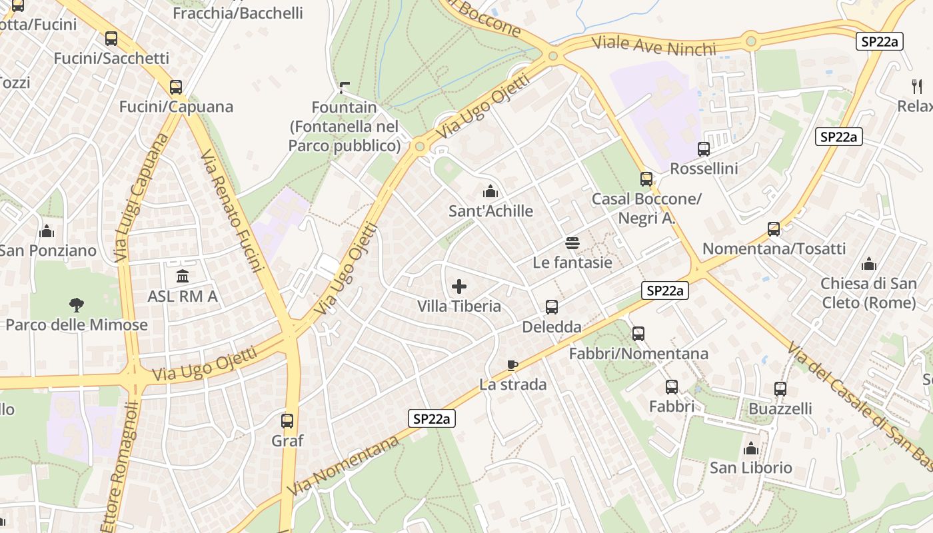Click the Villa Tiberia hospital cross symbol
pyautogui.click(x=459, y=287)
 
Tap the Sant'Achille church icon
pyautogui.click(x=490, y=192)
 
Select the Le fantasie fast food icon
pyautogui.click(x=572, y=243)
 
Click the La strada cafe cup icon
pyautogui.click(x=512, y=365)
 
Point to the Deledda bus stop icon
pyautogui.click(x=552, y=307)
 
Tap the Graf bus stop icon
pyautogui.click(x=287, y=421)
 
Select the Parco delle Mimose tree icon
pyautogui.click(x=77, y=305)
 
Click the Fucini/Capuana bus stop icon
pyautogui.click(x=176, y=87)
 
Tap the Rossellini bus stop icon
pyautogui.click(x=704, y=149)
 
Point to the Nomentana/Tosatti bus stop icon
pyautogui.click(x=774, y=230)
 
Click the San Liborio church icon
pyautogui.click(x=751, y=448)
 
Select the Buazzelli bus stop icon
pyautogui.click(x=780, y=389)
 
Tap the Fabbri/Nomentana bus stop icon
pyautogui.click(x=638, y=334)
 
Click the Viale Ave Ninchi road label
pyautogui.click(x=654, y=47)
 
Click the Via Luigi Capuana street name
pyautogui.click(x=141, y=197)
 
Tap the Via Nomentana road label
pyautogui.click(x=345, y=465)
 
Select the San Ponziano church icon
pyautogui.click(x=47, y=231)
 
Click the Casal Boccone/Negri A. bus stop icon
pyautogui.click(x=646, y=179)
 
